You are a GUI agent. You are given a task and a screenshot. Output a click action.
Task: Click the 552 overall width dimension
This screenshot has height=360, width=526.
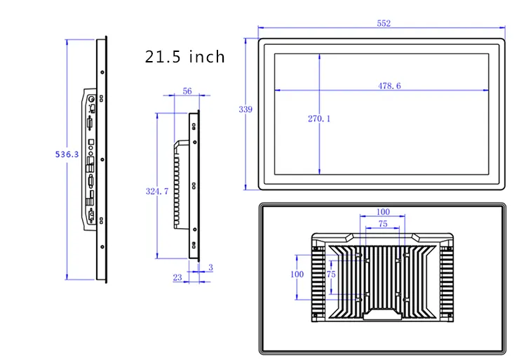pyautogui.click(x=384, y=23)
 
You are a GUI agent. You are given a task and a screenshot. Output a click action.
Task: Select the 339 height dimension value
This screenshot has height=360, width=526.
pyautogui.click(x=245, y=109)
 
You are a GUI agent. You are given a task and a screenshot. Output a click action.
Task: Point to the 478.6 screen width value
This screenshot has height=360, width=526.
pyautogui.click(x=389, y=86)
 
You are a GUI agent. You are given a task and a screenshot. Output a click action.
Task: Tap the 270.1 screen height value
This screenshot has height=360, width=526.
pyautogui.click(x=319, y=119)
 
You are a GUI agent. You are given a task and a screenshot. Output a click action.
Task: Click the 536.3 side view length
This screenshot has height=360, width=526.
pyautogui.click(x=67, y=154)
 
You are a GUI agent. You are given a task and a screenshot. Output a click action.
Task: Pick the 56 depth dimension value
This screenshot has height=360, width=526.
pyautogui.click(x=187, y=91)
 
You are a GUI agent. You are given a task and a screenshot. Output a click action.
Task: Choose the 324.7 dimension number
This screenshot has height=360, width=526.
pyautogui.click(x=157, y=192)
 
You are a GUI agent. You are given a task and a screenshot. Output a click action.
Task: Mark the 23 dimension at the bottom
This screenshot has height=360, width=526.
pyautogui.click(x=177, y=277)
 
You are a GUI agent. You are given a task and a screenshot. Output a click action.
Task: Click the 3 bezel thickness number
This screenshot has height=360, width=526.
pyautogui.click(x=210, y=267)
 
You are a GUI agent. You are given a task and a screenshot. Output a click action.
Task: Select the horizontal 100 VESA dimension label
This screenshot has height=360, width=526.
pyautogui.click(x=383, y=212)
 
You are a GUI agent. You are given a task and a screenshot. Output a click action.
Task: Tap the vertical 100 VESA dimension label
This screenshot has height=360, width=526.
pyautogui.click(x=297, y=274)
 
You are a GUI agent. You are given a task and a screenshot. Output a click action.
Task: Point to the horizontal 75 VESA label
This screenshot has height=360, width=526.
pyautogui.click(x=383, y=224)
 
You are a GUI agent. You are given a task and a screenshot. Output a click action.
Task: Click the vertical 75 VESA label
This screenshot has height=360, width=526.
pyautogui.click(x=331, y=274)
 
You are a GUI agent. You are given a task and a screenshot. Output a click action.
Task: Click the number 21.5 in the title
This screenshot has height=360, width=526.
pyautogui.click(x=163, y=57)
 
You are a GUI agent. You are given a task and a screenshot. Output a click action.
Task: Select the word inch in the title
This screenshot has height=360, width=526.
pyautogui.click(x=207, y=56)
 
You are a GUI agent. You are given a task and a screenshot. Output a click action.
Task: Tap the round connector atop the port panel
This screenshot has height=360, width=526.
pyautogui.click(x=91, y=99)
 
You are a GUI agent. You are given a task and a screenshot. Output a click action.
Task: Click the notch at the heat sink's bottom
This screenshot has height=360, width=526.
pyautogui.click(x=382, y=314)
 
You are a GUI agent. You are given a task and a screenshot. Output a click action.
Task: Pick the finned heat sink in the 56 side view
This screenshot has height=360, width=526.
pyautogui.click(x=177, y=185)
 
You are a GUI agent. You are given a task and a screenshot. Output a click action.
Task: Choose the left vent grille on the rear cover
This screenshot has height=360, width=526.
pyautogui.click(x=318, y=281)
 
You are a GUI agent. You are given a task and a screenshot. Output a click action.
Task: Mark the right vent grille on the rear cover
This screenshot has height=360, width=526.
pyautogui.click(x=447, y=281)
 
